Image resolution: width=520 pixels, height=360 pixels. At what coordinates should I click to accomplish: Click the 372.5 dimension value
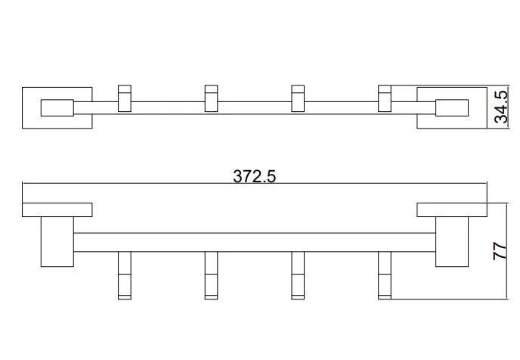pyautogui.click(x=255, y=176)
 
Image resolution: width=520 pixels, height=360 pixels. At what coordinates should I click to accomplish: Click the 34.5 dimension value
pyautogui.click(x=500, y=107)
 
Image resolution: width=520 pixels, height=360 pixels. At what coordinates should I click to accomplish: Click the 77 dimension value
pyautogui.click(x=500, y=251)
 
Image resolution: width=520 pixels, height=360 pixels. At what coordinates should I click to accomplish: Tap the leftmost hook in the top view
pyautogui.click(x=125, y=98)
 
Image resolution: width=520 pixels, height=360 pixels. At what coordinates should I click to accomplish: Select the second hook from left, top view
pyautogui.click(x=212, y=98)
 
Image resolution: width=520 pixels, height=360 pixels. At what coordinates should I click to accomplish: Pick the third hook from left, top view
pyautogui.click(x=298, y=98)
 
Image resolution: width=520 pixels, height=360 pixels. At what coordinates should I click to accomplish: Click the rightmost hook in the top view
pyautogui.click(x=385, y=98)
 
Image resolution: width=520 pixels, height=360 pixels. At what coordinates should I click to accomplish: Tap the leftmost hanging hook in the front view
pyautogui.click(x=125, y=275)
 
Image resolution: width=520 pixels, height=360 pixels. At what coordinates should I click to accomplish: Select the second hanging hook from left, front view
pyautogui.click(x=212, y=275)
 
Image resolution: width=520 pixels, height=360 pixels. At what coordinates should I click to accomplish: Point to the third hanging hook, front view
pyautogui.click(x=298, y=275)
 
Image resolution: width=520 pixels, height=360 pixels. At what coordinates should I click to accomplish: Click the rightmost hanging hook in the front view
pyautogui.click(x=385, y=275)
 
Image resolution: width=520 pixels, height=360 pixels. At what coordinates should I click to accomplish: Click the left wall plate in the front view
pyautogui.click(x=57, y=209)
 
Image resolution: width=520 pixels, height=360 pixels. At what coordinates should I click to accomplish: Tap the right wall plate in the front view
pyautogui.click(x=452, y=209)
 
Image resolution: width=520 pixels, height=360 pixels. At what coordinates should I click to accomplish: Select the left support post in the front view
pyautogui.click(x=57, y=241)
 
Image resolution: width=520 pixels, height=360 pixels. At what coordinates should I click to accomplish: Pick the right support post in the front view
pyautogui.click(x=452, y=241)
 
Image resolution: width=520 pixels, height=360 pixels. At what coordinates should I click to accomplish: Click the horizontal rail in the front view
pyautogui.click(x=255, y=242)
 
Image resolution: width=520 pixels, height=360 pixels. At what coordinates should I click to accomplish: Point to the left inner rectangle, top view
pyautogui.click(x=57, y=107)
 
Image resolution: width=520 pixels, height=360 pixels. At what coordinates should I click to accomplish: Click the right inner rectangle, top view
pyautogui.click(x=452, y=107)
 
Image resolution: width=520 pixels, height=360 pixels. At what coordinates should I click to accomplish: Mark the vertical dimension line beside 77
pyautogui.click(x=507, y=251)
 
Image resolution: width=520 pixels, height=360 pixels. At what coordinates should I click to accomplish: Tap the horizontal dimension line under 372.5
pyautogui.click(x=255, y=182)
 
